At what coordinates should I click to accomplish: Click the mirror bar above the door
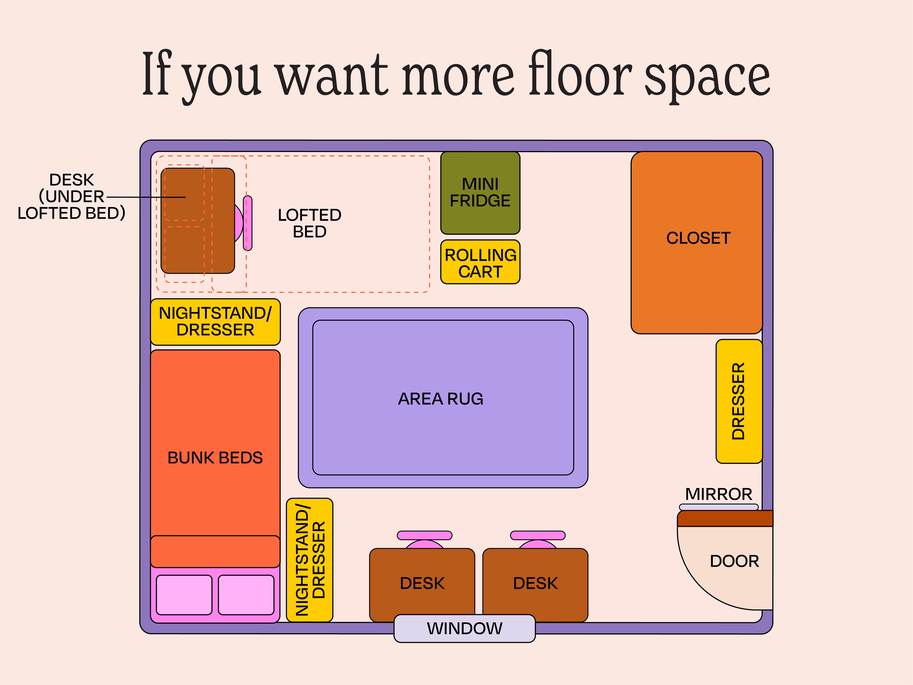(719, 507)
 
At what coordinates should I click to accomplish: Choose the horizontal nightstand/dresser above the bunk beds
(215, 322)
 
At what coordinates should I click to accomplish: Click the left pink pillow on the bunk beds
(184, 595)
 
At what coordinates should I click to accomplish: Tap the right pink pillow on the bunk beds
(246, 595)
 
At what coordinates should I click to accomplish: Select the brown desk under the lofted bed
(198, 221)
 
